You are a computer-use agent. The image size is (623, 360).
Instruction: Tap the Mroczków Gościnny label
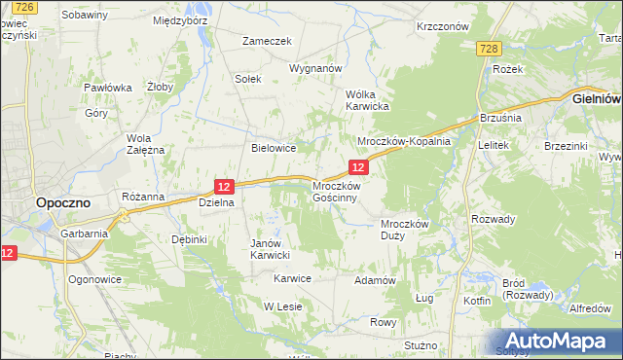pyautogui.click(x=336, y=191)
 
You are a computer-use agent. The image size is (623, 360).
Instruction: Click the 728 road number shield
pyautogui.click(x=489, y=50)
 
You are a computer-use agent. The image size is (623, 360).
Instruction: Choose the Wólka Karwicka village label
pyautogui.click(x=368, y=99)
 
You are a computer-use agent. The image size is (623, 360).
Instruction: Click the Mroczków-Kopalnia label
pyautogui.click(x=404, y=141)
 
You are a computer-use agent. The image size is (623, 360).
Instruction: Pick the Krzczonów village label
pyautogui.click(x=442, y=27)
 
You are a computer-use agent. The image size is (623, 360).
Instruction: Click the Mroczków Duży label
pyautogui.click(x=404, y=229)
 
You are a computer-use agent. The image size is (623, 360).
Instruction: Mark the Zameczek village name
pyautogui.click(x=268, y=41)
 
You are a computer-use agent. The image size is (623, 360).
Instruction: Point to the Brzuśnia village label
pyautogui.click(x=501, y=118)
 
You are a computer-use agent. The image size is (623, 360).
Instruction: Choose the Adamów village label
pyautogui.click(x=375, y=280)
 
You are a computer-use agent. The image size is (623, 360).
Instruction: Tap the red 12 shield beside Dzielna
pyautogui.click(x=225, y=186)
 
